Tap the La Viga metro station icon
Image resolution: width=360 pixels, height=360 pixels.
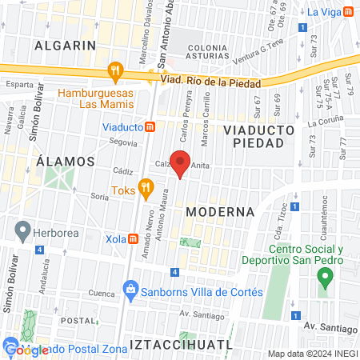coord(348,11)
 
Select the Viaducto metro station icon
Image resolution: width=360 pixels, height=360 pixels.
coord(150,126)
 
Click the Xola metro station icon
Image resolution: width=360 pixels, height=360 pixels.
coord(133,238)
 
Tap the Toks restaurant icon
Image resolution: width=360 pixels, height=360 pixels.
coord(145,189)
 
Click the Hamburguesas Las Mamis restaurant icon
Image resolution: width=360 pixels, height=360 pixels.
coord(117,71)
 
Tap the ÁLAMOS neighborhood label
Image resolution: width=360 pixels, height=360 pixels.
coord(66,161)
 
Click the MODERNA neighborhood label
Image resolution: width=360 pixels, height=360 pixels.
coord(220,212)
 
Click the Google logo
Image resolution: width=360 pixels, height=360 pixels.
coord(26,349)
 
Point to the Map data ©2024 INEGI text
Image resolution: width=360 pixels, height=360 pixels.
coord(311,354)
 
